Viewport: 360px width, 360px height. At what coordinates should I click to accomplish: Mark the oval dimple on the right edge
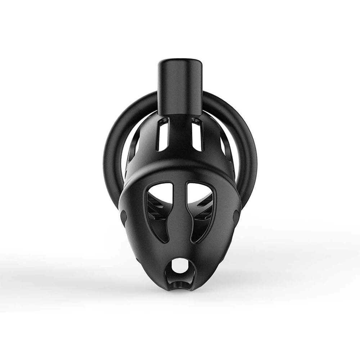point(236,216)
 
